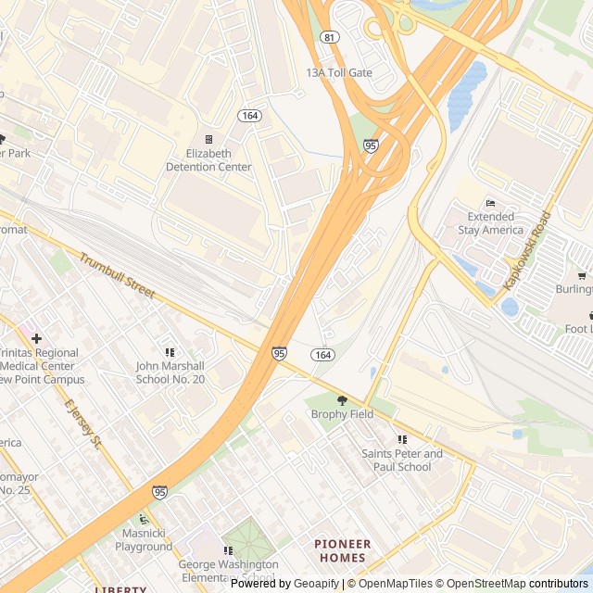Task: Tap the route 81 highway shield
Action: [331, 37]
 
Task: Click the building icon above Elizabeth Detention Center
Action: [208, 139]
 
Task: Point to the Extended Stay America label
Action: [490, 223]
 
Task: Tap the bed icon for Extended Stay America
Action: [490, 203]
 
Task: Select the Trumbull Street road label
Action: [116, 275]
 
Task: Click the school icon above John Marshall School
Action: [170, 352]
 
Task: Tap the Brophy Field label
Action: [342, 414]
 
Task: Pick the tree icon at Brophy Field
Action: [342, 400]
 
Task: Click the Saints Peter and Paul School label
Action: [402, 461]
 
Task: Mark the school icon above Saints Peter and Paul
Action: [402, 440]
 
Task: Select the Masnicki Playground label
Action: [144, 540]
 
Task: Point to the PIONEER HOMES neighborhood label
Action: [342, 550]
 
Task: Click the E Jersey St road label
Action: [82, 424]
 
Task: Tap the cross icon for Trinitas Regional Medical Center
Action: [36, 339]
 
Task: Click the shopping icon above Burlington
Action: [581, 275]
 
